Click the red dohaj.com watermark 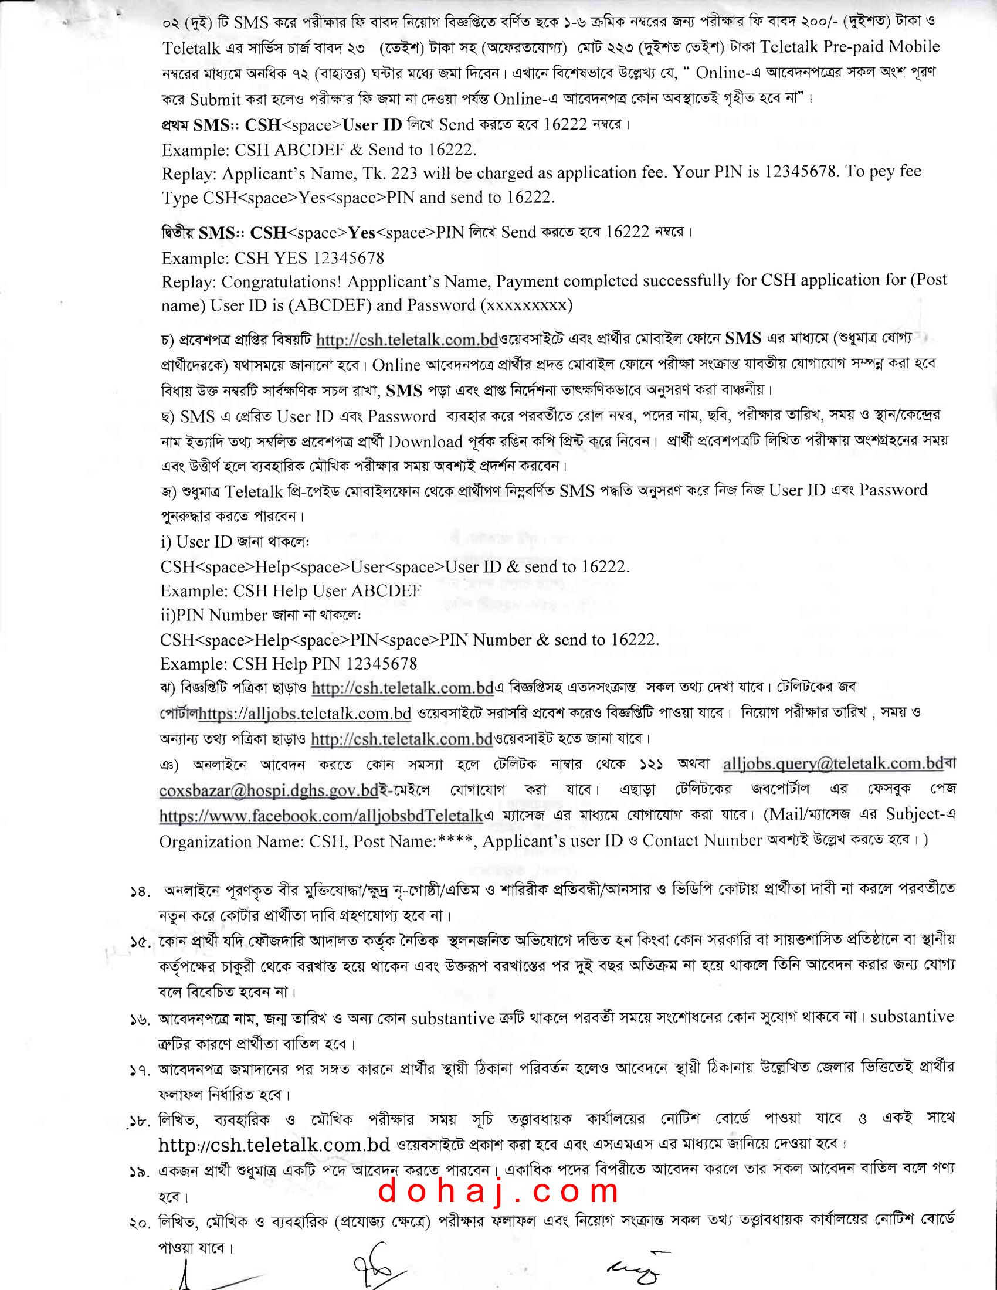point(498,1190)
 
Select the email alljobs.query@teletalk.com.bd point(833,763)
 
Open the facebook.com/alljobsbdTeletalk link point(321,816)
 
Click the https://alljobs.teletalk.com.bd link point(305,714)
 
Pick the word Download point(425,442)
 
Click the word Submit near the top point(216,99)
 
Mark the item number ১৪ point(140,892)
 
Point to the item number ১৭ point(140,1070)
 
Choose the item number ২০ point(140,1223)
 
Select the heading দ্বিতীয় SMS point(199,233)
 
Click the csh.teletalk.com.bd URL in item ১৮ point(274,1145)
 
